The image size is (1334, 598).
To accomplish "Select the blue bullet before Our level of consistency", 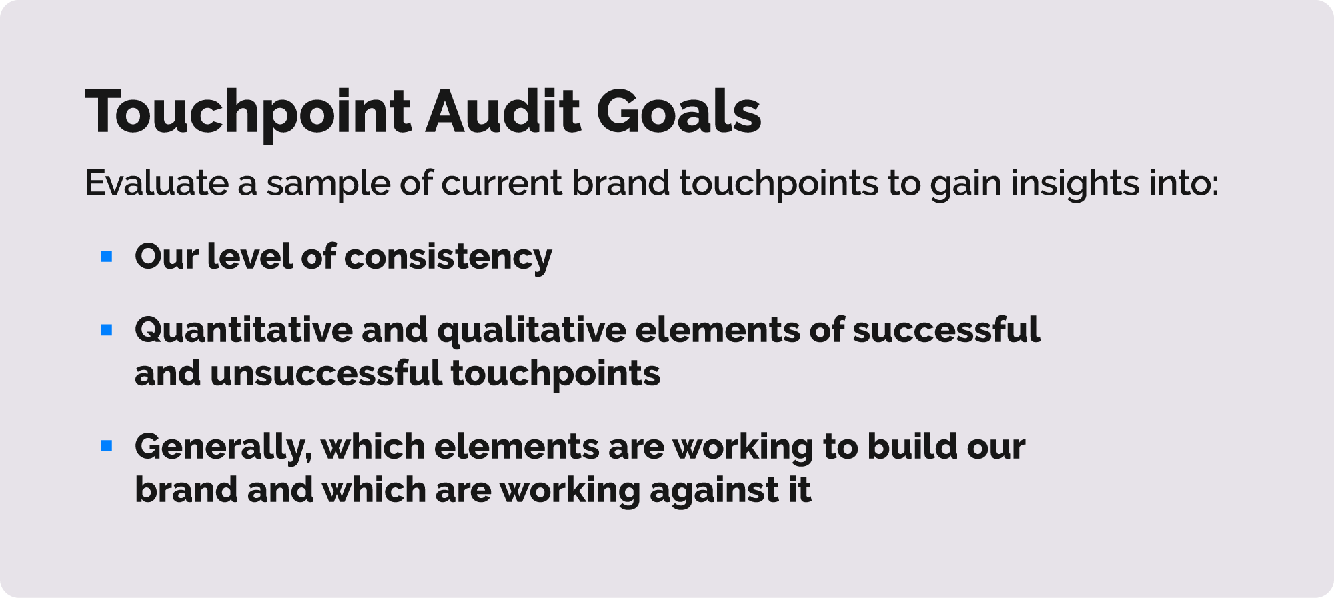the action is point(107,256).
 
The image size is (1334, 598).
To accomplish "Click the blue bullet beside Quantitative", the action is point(107,329).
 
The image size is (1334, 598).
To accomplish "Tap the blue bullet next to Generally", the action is point(107,446).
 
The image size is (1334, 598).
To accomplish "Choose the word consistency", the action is point(448,259).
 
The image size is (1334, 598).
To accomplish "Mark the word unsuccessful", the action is point(326,373).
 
